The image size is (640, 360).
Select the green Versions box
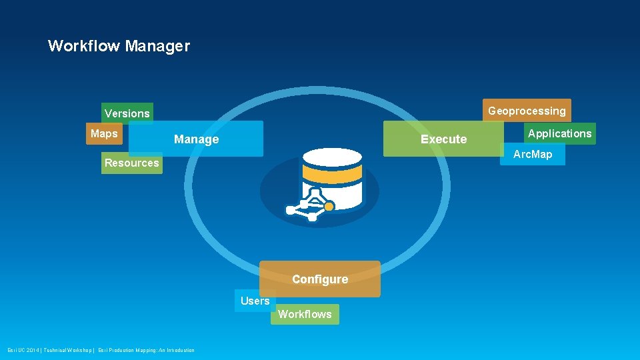click(127, 113)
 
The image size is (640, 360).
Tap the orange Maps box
click(103, 134)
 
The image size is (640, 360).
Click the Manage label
click(196, 139)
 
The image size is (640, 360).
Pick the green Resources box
click(132, 163)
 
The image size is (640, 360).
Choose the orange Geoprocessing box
click(527, 111)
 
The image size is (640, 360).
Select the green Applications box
click(559, 134)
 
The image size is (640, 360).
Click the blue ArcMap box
click(532, 155)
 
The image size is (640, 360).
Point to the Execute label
click(443, 139)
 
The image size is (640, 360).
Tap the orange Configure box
click(320, 279)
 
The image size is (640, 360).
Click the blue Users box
click(255, 301)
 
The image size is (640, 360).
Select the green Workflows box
click(305, 314)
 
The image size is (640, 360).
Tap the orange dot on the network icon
click(328, 207)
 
